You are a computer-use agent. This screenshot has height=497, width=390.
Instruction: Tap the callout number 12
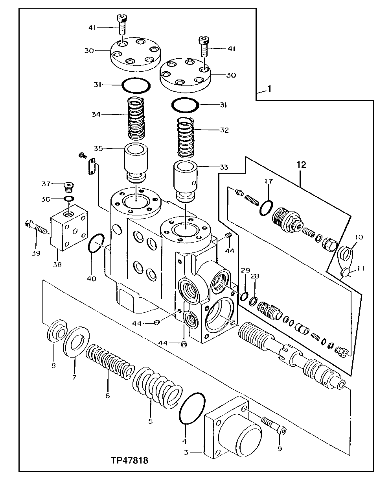coord(301,165)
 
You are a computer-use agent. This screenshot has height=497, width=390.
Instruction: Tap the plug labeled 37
coord(69,185)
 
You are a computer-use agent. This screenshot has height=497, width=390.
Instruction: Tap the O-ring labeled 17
coord(266,208)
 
